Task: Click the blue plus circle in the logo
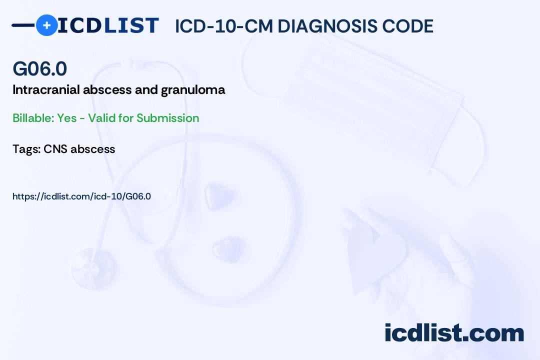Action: [46, 25]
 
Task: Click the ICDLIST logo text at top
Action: [108, 25]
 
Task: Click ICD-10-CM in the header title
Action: [224, 26]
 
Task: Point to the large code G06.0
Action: [39, 68]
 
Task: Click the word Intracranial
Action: [46, 89]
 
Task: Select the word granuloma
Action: [193, 90]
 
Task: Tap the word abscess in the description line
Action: [107, 89]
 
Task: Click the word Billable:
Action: [33, 118]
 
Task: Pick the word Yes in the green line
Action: [67, 118]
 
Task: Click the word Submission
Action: [167, 118]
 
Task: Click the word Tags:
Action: [26, 149]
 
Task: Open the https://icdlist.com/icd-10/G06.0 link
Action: [81, 196]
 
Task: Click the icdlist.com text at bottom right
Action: [454, 332]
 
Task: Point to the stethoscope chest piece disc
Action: [92, 267]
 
